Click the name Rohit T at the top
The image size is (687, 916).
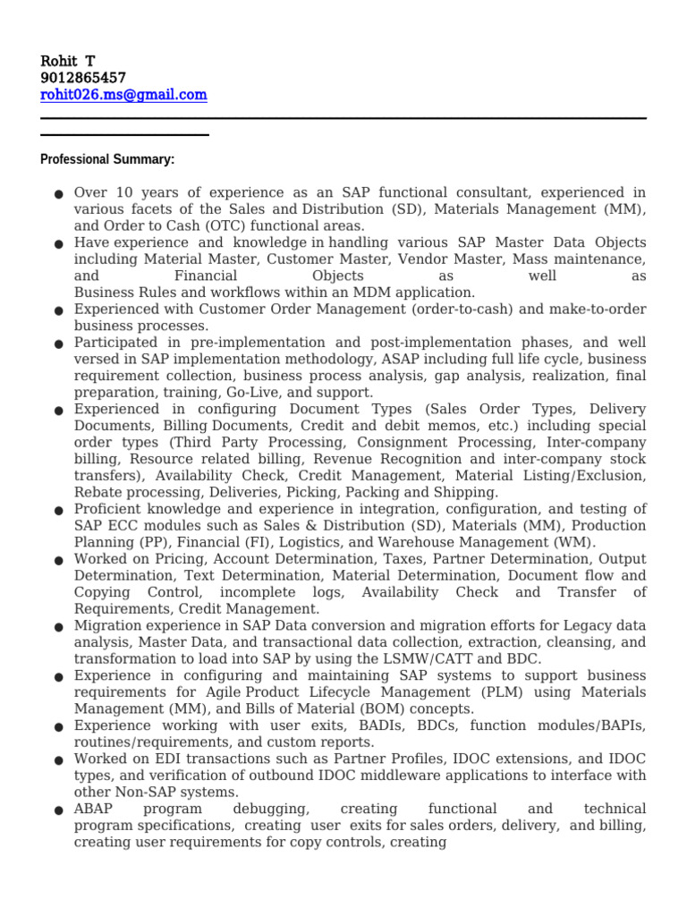click(68, 61)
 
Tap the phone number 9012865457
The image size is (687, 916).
click(83, 78)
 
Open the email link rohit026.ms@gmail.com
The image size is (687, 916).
click(123, 95)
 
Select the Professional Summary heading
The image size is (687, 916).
click(107, 159)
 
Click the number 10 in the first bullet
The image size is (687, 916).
click(124, 192)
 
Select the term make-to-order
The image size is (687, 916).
click(599, 310)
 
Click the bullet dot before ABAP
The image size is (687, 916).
click(58, 810)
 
